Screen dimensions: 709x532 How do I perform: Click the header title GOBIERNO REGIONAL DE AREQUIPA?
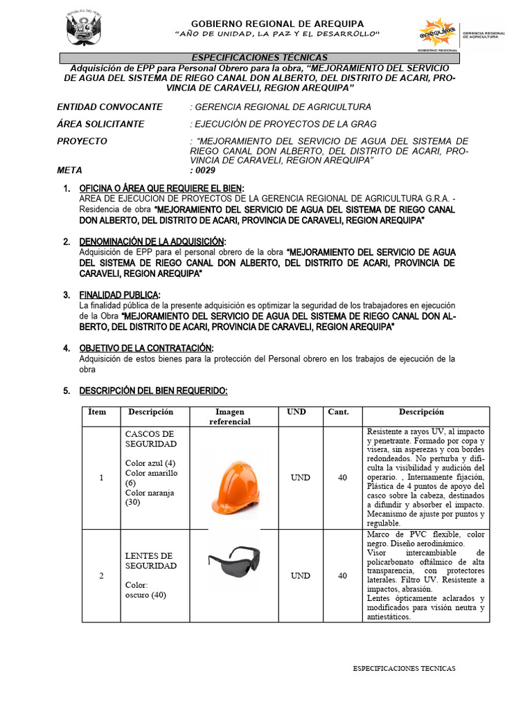point(276,24)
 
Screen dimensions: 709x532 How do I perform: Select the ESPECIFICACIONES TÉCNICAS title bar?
point(259,57)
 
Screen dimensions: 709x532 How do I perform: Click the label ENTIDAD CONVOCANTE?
point(109,107)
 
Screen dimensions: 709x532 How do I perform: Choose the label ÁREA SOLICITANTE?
point(100,124)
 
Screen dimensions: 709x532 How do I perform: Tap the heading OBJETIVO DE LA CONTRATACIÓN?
point(146,348)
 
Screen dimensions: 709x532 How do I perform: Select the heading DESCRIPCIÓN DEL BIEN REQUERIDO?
point(153,391)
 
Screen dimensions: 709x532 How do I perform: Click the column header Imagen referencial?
point(230,416)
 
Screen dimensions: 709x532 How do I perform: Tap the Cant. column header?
point(339,412)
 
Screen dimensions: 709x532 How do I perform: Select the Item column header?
point(98,412)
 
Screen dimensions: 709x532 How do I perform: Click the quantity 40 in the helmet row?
point(342,478)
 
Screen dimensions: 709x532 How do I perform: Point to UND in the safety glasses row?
point(300,575)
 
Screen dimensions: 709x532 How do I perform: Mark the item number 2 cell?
point(101,575)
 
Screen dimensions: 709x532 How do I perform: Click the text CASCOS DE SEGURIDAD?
point(150,438)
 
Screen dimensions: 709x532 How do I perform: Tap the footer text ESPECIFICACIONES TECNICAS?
point(405,669)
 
